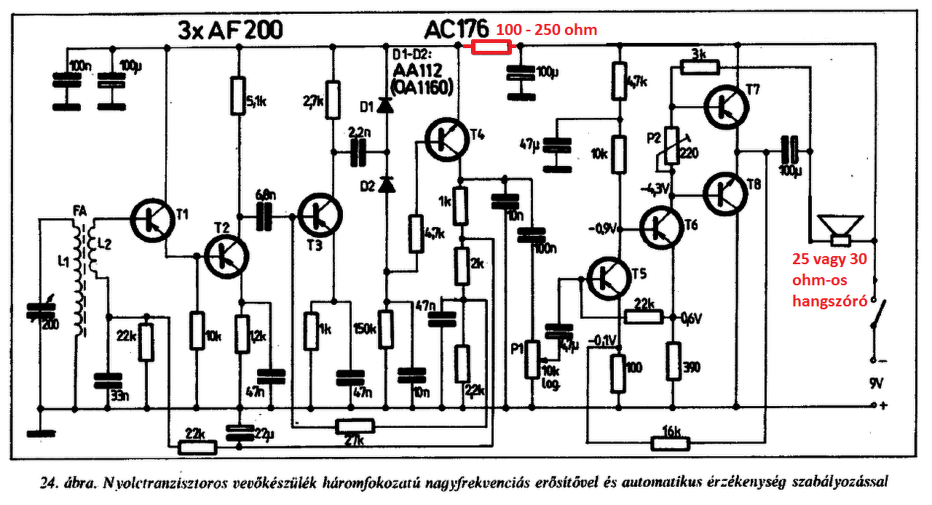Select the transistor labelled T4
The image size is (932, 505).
[446, 140]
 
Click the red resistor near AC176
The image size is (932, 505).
[492, 47]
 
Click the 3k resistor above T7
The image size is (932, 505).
[699, 68]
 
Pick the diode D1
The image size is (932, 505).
[386, 108]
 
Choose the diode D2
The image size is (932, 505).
[386, 185]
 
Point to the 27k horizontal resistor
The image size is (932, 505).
[355, 426]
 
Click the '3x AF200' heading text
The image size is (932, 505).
[230, 30]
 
